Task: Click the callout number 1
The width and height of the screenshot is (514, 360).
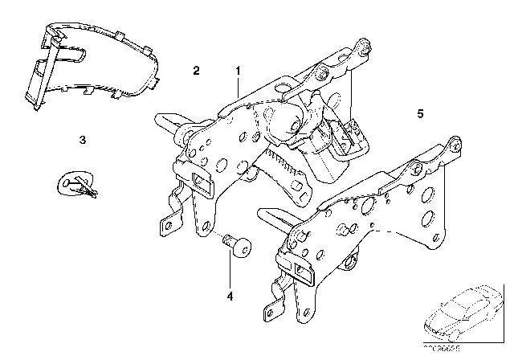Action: coord(239,71)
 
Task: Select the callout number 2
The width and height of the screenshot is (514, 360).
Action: coord(196,71)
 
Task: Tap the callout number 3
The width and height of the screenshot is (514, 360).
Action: coord(83,140)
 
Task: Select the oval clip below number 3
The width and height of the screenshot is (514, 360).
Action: coord(78,186)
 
